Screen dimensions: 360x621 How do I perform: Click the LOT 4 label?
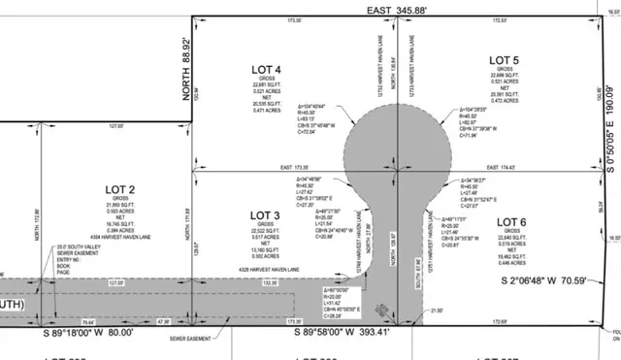[265, 70]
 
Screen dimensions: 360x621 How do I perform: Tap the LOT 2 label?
[118, 189]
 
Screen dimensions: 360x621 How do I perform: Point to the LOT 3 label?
[264, 214]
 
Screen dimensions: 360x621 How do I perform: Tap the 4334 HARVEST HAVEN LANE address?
[116, 238]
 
